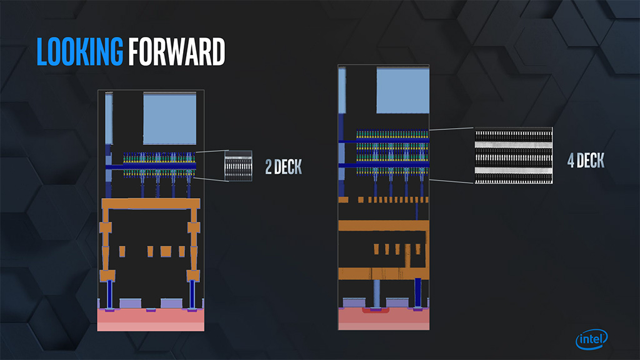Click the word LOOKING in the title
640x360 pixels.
(81, 52)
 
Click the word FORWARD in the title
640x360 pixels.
(176, 52)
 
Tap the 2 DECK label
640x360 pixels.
(283, 167)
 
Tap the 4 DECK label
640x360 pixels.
(585, 161)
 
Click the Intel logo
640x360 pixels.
(591, 339)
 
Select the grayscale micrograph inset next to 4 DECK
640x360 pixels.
(513, 156)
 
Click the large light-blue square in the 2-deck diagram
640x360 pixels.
(169, 118)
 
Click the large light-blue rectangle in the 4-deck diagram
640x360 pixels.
(402, 91)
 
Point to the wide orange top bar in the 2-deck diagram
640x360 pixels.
(150, 204)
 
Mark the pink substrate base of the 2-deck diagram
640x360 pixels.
(151, 319)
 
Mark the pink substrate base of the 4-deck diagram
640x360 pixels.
(384, 319)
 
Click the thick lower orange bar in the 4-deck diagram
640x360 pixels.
(384, 273)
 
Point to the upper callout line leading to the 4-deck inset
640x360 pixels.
(451, 129)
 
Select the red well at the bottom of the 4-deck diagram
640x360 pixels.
(376, 311)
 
